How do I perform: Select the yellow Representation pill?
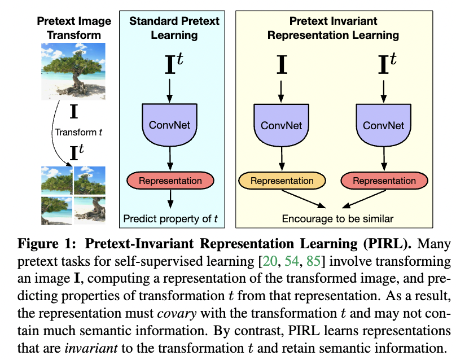pyautogui.click(x=282, y=181)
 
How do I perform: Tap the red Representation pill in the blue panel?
pyautogui.click(x=170, y=181)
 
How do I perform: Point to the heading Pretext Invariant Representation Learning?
pyautogui.click(x=333, y=28)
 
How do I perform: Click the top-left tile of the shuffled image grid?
pyautogui.click(x=56, y=179)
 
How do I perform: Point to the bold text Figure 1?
pyautogui.click(x=45, y=247)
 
